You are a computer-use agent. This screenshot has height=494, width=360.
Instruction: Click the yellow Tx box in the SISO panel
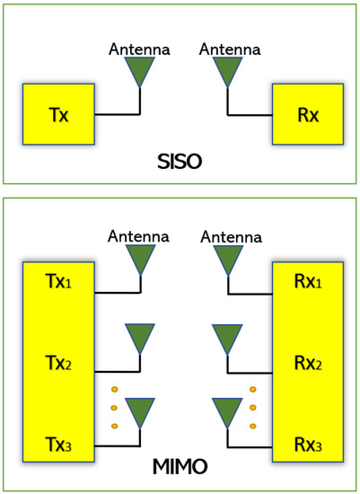[x=59, y=114]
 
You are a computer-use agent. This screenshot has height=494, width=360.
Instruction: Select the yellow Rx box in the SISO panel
[x=307, y=114]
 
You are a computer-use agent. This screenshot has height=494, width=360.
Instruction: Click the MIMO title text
[x=180, y=467]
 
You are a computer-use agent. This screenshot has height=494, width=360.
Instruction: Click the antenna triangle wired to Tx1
[x=139, y=259]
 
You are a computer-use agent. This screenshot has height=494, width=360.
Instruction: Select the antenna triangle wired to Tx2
[x=139, y=339]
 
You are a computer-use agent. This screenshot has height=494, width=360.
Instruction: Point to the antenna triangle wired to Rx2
[x=227, y=339]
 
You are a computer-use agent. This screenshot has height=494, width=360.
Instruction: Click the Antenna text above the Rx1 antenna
[x=231, y=236]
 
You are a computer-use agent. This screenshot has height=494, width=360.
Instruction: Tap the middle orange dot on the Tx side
[x=114, y=407]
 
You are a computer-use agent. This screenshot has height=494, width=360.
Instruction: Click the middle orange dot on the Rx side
[x=253, y=407]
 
